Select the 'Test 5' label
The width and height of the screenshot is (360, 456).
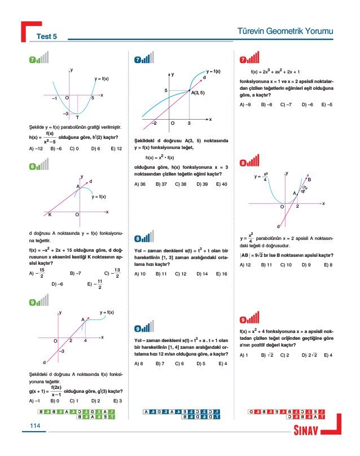[x=47, y=37]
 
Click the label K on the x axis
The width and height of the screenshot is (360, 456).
[x=50, y=215]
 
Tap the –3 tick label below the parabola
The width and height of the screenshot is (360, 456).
[x=65, y=113]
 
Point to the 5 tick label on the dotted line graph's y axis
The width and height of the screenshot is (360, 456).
[x=166, y=90]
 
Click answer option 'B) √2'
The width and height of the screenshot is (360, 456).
[x=267, y=355]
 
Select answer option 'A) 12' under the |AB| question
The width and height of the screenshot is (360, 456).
[x=245, y=264]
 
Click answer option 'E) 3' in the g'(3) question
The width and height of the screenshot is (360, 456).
[x=117, y=401]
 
